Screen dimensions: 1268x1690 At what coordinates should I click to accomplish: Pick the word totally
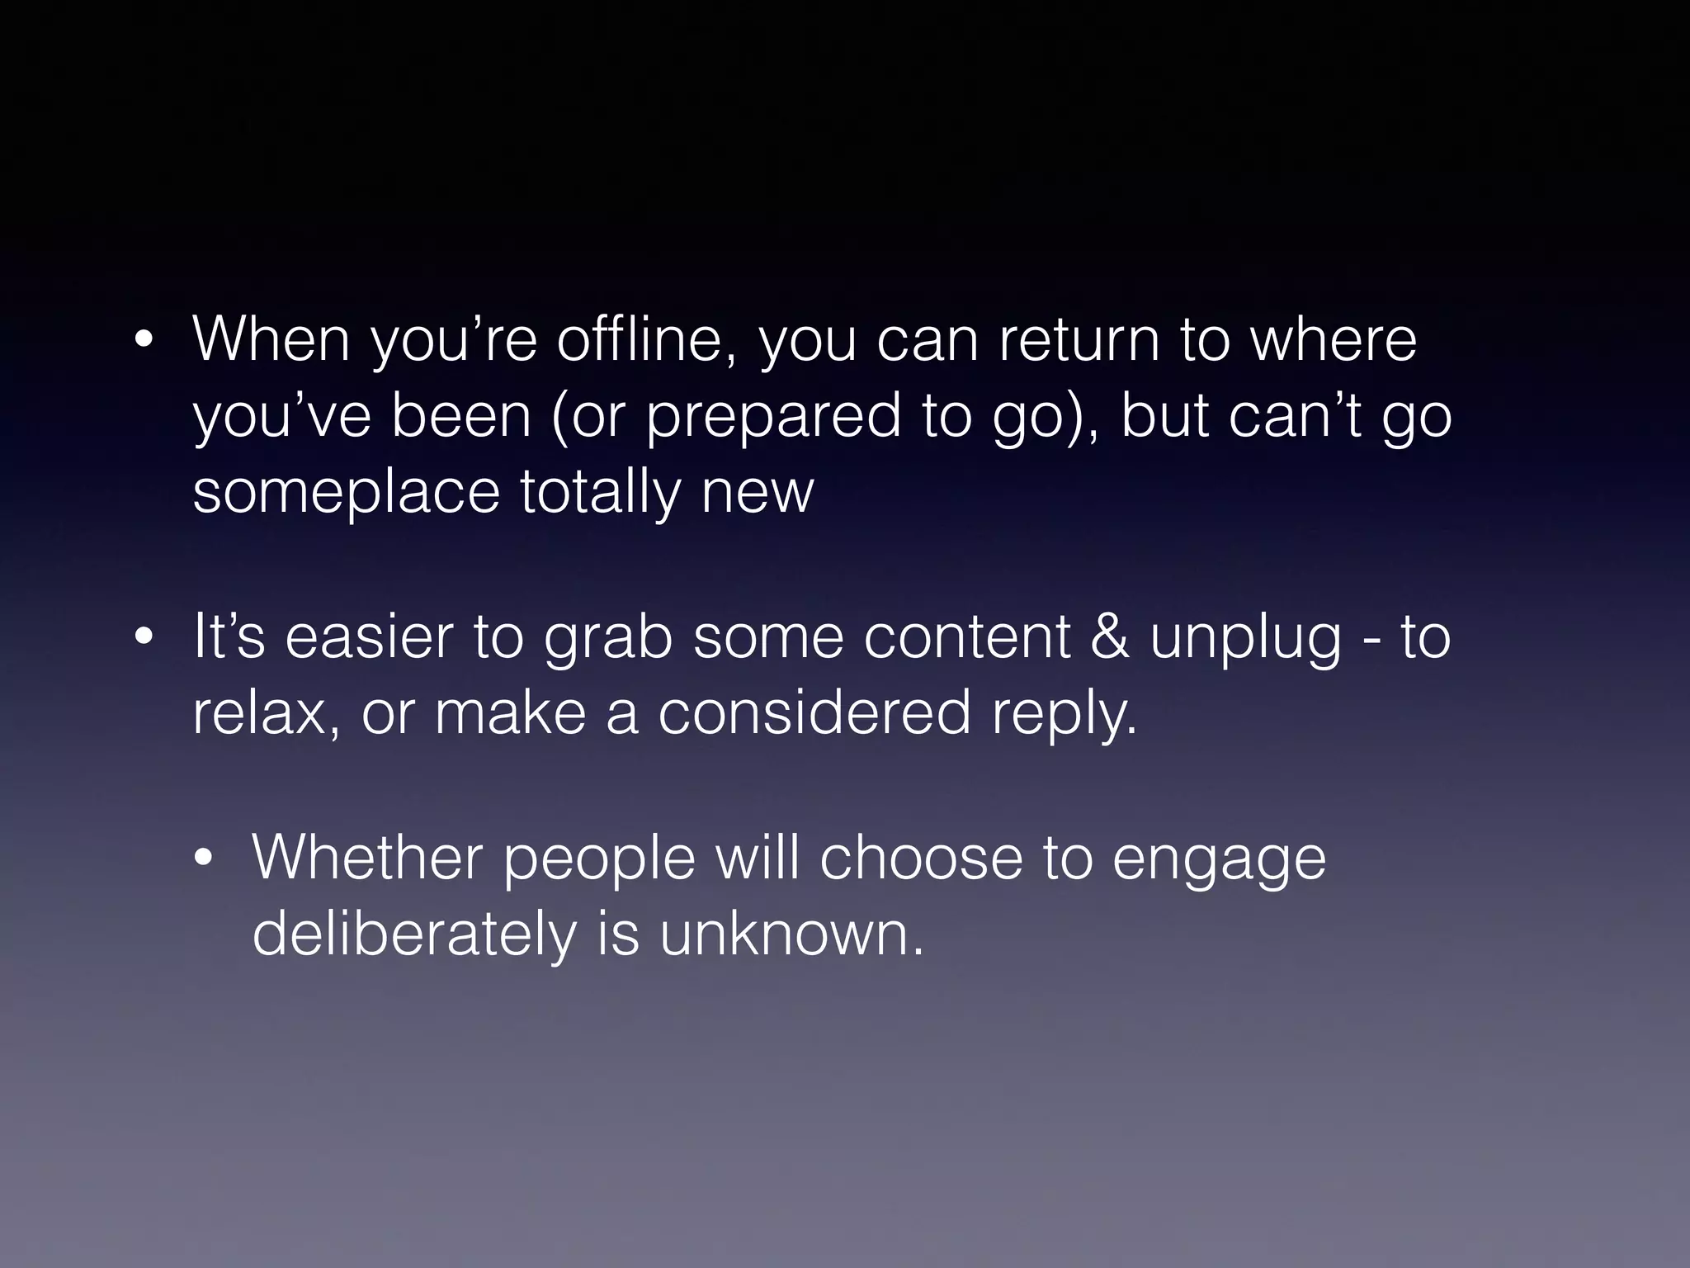[x=600, y=492]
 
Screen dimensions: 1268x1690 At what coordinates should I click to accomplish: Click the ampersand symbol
[x=1109, y=637]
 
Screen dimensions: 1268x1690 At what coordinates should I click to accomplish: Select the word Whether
[x=367, y=858]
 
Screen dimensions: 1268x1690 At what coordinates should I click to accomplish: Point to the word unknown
[x=791, y=934]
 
